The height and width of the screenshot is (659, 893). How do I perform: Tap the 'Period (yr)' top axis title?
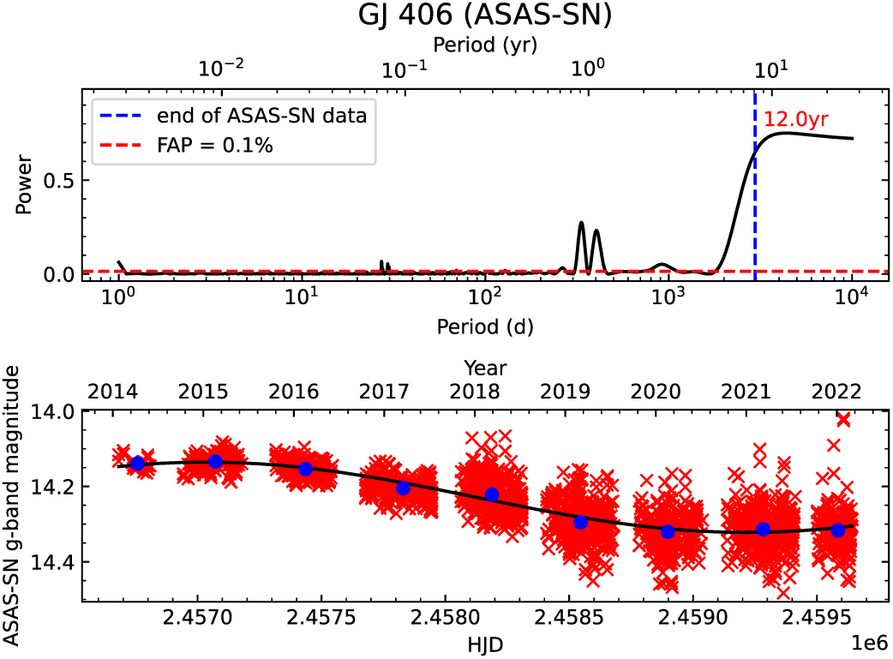485,42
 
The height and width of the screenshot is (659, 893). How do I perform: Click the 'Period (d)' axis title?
485,326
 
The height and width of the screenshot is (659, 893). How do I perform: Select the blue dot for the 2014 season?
137,464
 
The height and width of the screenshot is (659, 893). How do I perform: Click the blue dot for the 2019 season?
580,522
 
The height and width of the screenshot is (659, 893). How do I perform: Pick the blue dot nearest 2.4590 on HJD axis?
668,531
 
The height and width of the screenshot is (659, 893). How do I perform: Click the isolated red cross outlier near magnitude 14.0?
842,419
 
